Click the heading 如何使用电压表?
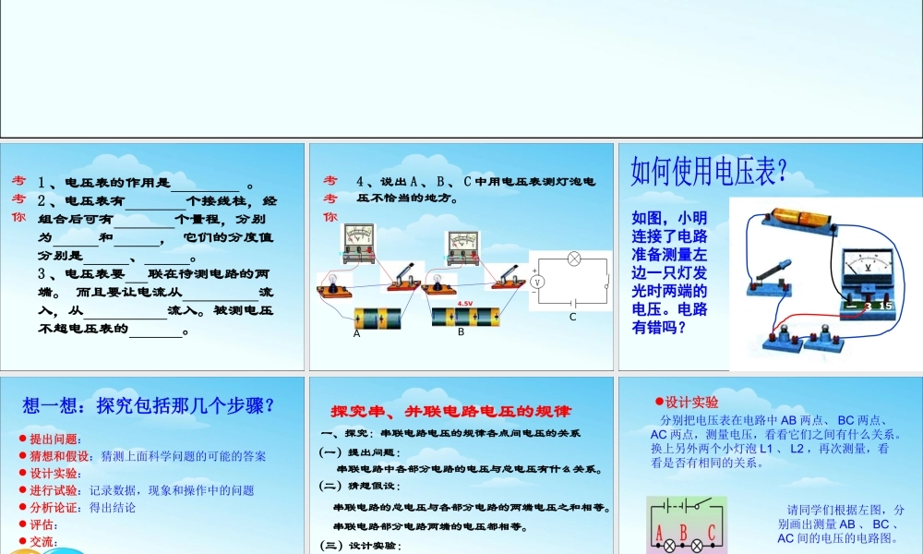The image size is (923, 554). pyautogui.click(x=708, y=171)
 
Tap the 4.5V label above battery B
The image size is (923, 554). pyautogui.click(x=464, y=303)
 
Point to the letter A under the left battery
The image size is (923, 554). pyautogui.click(x=356, y=334)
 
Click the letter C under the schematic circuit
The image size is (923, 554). pyautogui.click(x=571, y=317)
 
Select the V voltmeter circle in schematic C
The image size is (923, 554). pyautogui.click(x=542, y=280)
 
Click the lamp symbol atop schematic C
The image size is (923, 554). pyautogui.click(x=574, y=259)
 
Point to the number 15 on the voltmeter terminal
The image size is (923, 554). pyautogui.click(x=886, y=306)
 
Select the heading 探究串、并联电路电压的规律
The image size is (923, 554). pyautogui.click(x=451, y=410)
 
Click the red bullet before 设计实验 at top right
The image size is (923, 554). pyautogui.click(x=659, y=401)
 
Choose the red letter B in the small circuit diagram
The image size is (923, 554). pyautogui.click(x=683, y=532)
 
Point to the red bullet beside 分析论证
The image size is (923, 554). pyautogui.click(x=22, y=507)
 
